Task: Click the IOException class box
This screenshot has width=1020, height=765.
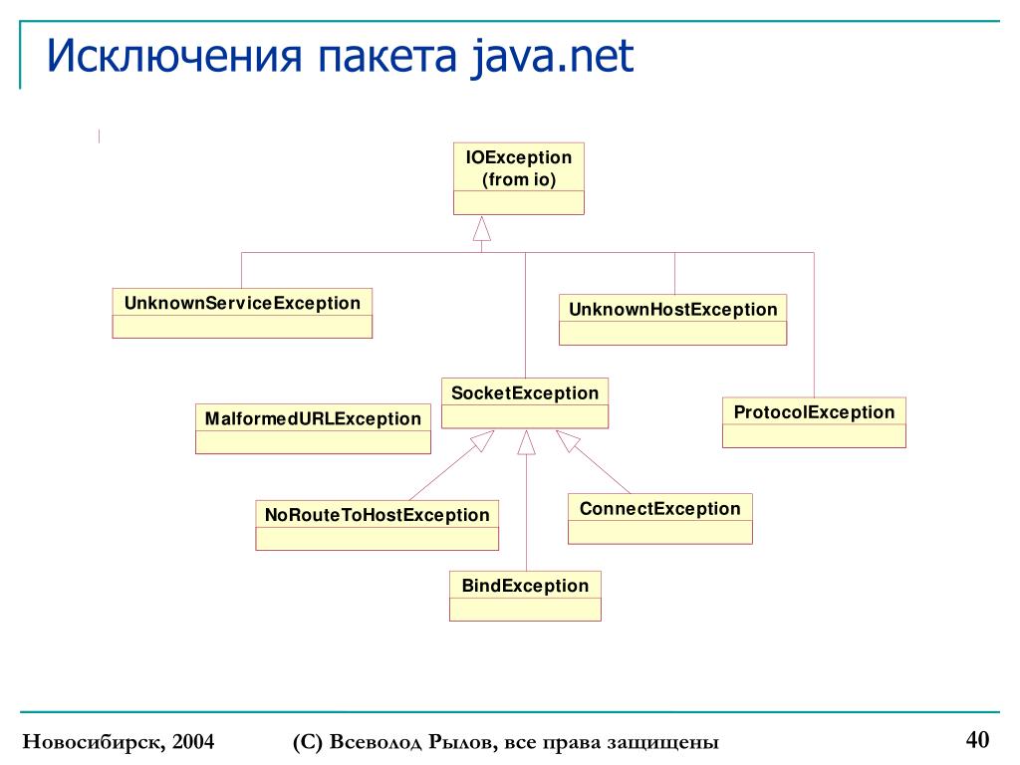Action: click(x=518, y=178)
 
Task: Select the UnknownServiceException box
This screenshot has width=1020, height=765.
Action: click(x=242, y=313)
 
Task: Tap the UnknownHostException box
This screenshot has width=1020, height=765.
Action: click(x=672, y=319)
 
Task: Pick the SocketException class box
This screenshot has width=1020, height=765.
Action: click(x=525, y=402)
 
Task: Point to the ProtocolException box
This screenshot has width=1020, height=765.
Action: click(x=814, y=421)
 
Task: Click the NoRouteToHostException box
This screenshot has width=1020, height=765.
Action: click(x=377, y=525)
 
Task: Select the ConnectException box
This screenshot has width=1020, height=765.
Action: click(x=659, y=518)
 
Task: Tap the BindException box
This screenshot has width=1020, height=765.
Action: click(x=525, y=595)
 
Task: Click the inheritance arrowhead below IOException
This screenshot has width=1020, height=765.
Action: click(x=482, y=228)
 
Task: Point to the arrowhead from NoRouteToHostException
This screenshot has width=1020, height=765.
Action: click(x=484, y=439)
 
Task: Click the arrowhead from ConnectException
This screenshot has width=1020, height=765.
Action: click(x=567, y=439)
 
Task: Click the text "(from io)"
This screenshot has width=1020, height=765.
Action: click(x=519, y=180)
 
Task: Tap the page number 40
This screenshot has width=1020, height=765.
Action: click(x=976, y=739)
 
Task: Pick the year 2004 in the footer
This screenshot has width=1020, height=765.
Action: click(x=193, y=743)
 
